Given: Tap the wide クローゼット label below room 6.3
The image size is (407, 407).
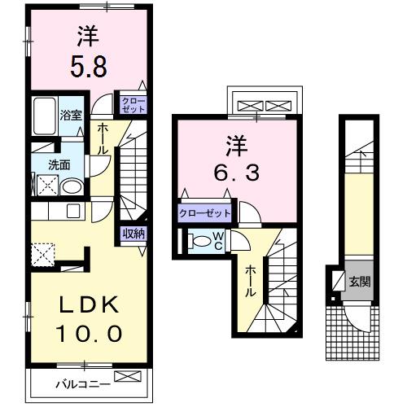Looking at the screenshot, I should pyautogui.click(x=205, y=213).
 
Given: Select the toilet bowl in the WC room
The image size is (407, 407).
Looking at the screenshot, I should pyautogui.click(x=198, y=241).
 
